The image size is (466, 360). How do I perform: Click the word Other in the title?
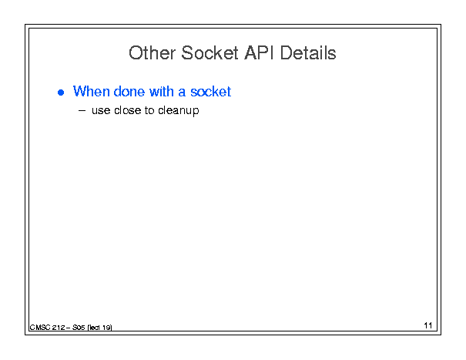coord(152,53)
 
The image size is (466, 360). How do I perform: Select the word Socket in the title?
coord(210,53)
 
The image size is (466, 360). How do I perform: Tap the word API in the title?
coord(259,53)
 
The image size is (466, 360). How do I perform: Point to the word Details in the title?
coord(308,53)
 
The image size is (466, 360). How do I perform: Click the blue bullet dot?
coord(61,93)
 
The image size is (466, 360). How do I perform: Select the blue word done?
coord(129,91)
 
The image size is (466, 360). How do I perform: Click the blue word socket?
coord(211,91)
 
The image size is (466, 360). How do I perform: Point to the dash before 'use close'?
coord(82,111)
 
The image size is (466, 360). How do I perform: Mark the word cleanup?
coord(179,111)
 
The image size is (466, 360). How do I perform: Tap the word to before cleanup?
coord(149,110)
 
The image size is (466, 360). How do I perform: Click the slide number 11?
coord(428,325)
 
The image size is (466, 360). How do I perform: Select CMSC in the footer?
coord(40,328)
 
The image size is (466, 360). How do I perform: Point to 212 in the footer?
coord(59,328)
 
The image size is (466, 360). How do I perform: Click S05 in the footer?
coord(79,328)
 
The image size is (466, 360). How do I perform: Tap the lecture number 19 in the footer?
coord(106,328)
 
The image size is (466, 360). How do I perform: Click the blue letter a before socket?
coord(182,93)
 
